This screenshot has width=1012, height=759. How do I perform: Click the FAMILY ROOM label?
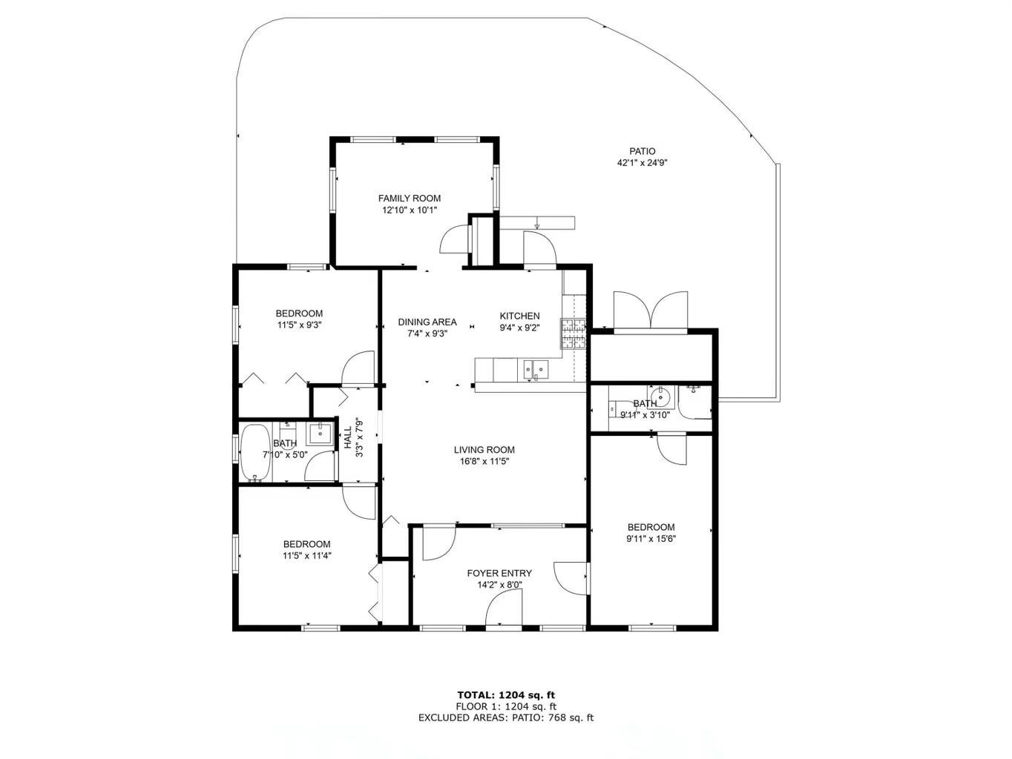click(410, 199)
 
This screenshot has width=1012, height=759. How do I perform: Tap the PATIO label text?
click(643, 151)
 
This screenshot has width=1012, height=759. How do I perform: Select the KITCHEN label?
click(519, 316)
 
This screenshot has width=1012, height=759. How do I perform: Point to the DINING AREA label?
click(427, 322)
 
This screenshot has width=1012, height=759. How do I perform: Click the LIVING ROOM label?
click(484, 449)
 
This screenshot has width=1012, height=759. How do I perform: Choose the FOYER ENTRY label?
click(499, 573)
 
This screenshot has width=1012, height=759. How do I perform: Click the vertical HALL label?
click(348, 437)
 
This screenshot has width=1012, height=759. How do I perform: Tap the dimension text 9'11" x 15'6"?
click(651, 539)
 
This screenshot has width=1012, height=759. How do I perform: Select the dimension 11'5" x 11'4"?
click(307, 555)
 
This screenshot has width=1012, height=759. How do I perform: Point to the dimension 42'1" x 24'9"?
click(643, 162)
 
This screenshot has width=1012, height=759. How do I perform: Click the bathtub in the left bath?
click(254, 453)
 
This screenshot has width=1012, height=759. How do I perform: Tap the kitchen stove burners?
click(573, 334)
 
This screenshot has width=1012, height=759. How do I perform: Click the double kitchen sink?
click(535, 369)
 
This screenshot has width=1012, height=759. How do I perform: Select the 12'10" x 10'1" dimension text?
click(410, 211)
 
